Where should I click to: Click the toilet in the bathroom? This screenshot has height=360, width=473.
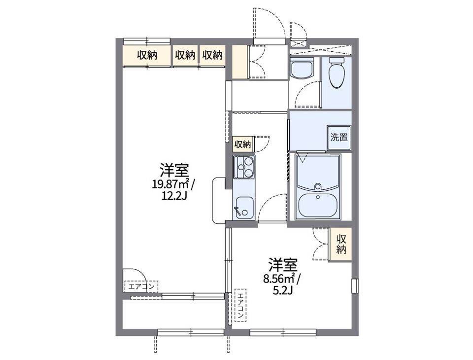click(x=336, y=72)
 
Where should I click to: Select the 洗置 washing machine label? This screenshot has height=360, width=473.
click(x=339, y=138)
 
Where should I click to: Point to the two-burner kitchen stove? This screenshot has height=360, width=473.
click(x=243, y=168)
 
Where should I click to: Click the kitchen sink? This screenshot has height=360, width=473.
click(x=243, y=208)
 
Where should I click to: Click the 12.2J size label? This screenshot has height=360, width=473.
click(x=173, y=196)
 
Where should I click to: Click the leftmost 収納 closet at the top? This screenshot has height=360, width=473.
click(x=147, y=55)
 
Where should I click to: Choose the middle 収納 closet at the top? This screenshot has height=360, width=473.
click(x=185, y=55)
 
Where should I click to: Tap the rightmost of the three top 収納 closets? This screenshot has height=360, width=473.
click(x=212, y=55)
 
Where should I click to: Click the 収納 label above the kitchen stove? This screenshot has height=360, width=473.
click(x=242, y=144)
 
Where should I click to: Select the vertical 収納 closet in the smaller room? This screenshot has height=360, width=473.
click(x=341, y=244)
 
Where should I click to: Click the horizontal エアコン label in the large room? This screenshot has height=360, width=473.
click(x=142, y=286)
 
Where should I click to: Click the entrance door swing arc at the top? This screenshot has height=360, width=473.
click(x=269, y=22)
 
